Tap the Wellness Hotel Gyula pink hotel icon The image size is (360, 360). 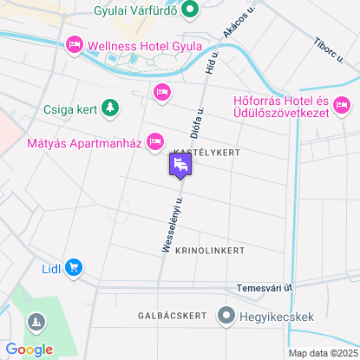[75, 44]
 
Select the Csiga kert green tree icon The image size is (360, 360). [109, 108]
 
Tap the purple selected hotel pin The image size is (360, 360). [181, 165]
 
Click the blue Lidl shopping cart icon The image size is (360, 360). [75, 267]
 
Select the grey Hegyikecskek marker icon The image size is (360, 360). [227, 315]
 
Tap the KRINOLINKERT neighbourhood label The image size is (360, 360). [210, 250]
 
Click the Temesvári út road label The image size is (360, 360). [265, 287]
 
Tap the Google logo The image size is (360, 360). [29, 350]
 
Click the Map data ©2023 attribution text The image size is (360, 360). [323, 353]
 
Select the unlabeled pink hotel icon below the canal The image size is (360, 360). [161, 91]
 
